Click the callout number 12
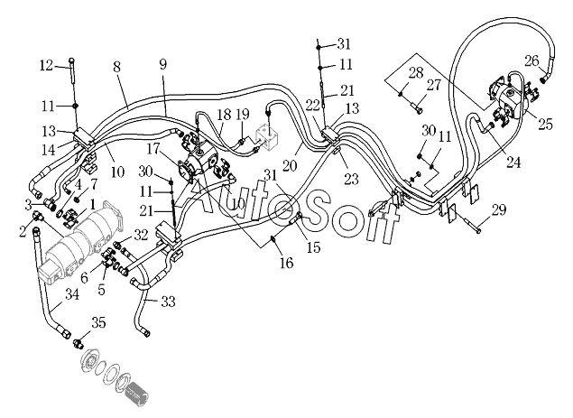click(46, 66)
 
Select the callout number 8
click(116, 67)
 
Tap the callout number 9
click(163, 64)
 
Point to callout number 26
click(532, 60)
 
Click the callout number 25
click(545, 125)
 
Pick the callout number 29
click(499, 210)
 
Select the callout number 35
click(98, 322)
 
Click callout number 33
click(168, 302)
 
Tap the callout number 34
click(72, 293)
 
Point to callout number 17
click(153, 149)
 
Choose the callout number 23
click(352, 179)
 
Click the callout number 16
click(287, 262)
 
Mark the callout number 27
click(434, 85)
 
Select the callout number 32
click(141, 235)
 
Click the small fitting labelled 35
click(78, 343)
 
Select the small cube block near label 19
click(268, 138)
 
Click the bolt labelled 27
click(417, 107)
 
